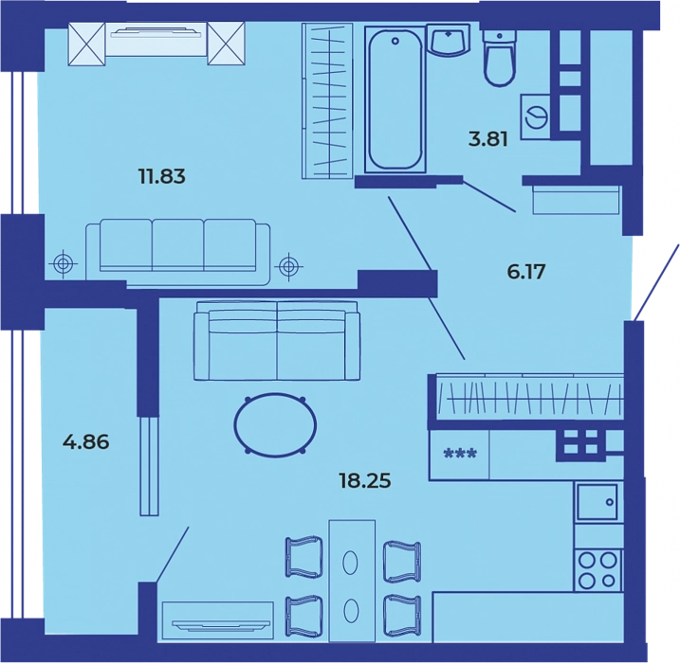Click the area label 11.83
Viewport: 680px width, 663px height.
(x=162, y=176)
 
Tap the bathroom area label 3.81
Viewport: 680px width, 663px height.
(x=488, y=139)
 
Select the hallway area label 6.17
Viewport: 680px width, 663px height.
(x=526, y=272)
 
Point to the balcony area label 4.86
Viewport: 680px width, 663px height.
(x=86, y=442)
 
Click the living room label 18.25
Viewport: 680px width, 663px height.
(x=365, y=481)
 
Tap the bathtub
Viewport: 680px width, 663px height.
(x=395, y=99)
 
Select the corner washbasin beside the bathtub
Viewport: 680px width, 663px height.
(x=449, y=41)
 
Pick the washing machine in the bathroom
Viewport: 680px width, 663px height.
(x=536, y=116)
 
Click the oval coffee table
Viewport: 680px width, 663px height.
(x=275, y=424)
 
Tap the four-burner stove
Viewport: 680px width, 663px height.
(x=598, y=570)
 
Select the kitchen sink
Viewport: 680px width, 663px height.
(x=597, y=502)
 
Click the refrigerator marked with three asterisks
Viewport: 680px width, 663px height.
(x=459, y=455)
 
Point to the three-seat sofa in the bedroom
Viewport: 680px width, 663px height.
(x=177, y=252)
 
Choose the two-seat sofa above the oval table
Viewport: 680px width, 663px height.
(x=277, y=341)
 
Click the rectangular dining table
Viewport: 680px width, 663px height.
(x=352, y=582)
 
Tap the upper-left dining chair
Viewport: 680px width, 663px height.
(x=304, y=557)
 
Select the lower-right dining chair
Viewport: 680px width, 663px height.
(x=402, y=616)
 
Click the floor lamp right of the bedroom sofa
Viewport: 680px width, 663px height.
(x=289, y=266)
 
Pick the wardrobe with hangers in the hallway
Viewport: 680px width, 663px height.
(x=529, y=397)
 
